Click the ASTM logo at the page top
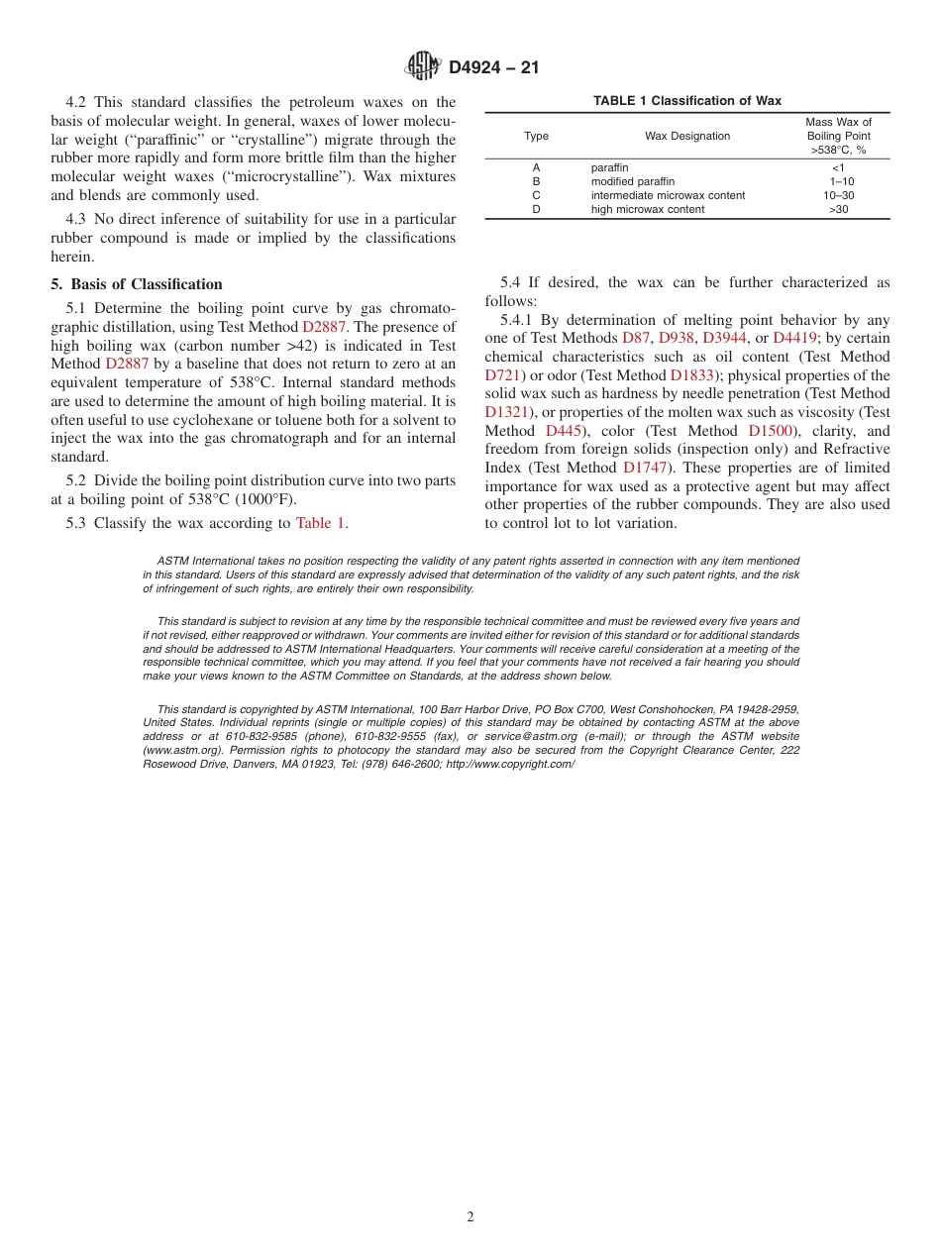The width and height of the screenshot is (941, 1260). [423, 66]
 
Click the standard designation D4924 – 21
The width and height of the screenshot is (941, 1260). [493, 68]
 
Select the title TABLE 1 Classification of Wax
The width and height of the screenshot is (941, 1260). [686, 101]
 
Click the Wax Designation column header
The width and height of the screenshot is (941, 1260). [686, 136]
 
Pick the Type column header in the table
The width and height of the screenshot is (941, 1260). [536, 136]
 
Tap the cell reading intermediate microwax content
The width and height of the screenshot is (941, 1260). [668, 195]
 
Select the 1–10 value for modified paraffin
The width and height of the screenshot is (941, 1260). [841, 181]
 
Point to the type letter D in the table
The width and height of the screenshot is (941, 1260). [536, 209]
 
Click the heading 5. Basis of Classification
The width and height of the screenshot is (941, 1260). [137, 284]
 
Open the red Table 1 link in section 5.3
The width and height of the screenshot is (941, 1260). [320, 523]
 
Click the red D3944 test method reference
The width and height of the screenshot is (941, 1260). [725, 338]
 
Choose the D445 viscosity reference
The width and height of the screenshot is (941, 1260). [564, 430]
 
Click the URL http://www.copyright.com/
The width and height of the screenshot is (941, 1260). [510, 764]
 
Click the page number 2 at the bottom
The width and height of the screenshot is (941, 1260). [470, 1217]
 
